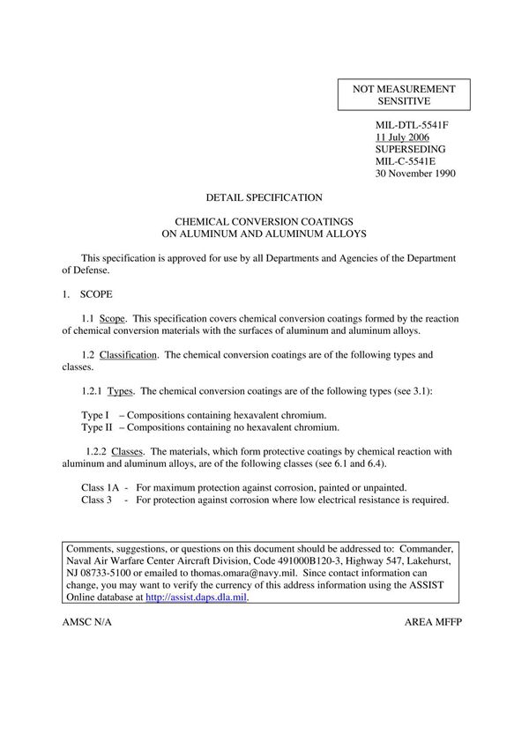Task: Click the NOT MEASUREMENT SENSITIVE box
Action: [404, 95]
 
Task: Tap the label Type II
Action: [96, 427]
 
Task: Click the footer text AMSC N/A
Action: [88, 621]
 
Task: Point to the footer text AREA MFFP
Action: [434, 621]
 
